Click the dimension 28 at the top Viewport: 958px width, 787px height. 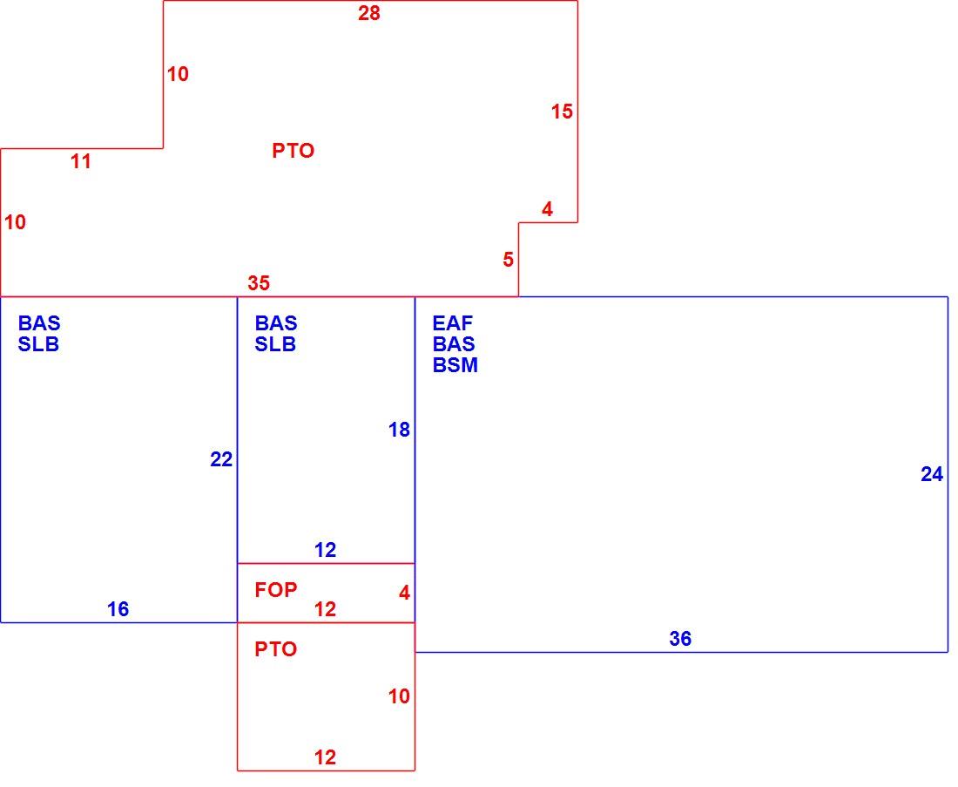[x=369, y=13]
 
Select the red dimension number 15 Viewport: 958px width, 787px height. [x=562, y=112]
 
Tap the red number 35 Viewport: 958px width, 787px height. [x=259, y=283]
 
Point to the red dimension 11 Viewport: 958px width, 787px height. [x=81, y=161]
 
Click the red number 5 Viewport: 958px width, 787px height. [x=509, y=260]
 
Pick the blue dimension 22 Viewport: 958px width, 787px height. [x=221, y=459]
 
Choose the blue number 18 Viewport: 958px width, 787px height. [x=399, y=430]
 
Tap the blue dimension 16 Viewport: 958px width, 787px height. [x=118, y=609]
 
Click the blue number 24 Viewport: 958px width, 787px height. [x=932, y=474]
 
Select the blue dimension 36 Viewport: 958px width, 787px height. [x=680, y=639]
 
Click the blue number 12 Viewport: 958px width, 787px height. [x=325, y=550]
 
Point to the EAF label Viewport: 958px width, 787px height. [x=453, y=322]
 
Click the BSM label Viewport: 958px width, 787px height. [x=455, y=365]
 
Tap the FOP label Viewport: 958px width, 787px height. [x=276, y=590]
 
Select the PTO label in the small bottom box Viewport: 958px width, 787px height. [x=275, y=649]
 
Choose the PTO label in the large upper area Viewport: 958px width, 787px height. [x=293, y=151]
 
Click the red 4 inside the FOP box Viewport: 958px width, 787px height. [x=404, y=593]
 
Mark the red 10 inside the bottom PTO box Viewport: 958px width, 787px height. [x=399, y=696]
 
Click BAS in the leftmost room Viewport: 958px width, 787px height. [x=39, y=322]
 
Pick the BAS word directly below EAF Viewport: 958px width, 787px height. [x=454, y=343]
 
